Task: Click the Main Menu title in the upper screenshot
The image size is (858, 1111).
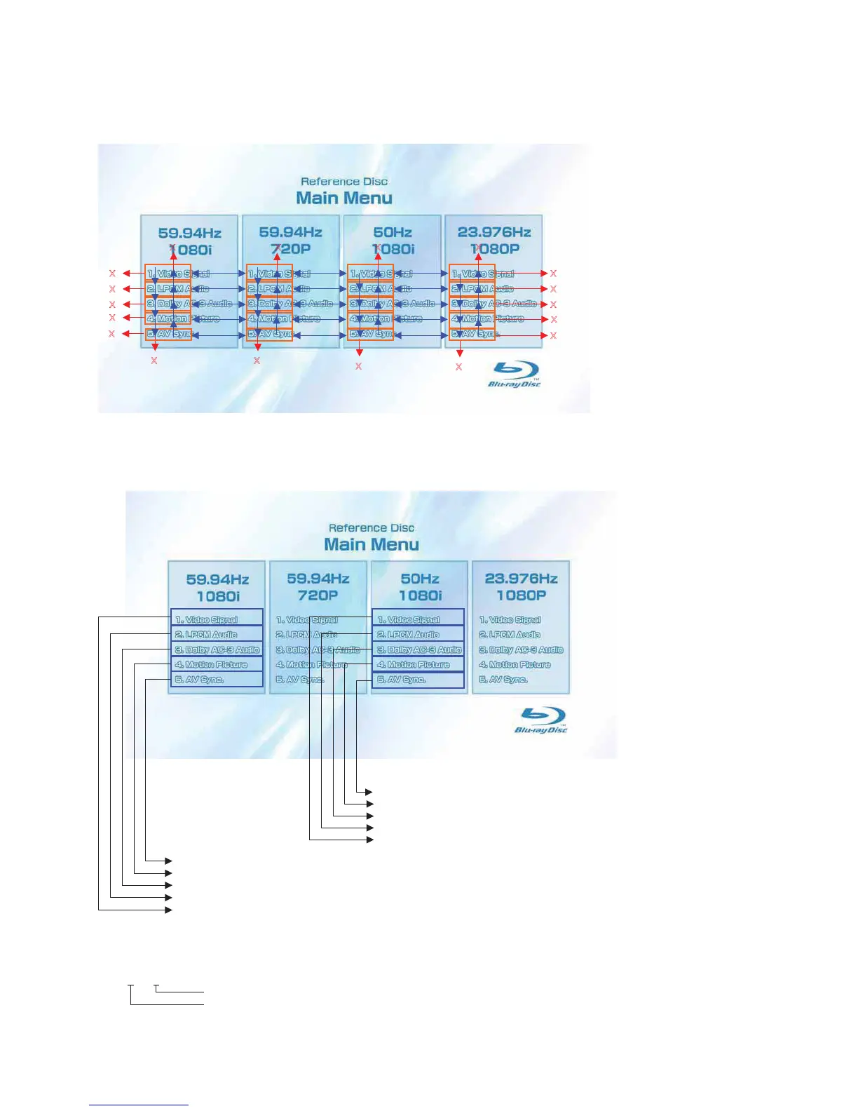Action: pyautogui.click(x=344, y=198)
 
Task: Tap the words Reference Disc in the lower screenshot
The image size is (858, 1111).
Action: pyautogui.click(x=372, y=528)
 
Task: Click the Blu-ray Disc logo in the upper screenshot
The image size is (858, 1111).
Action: pyautogui.click(x=515, y=374)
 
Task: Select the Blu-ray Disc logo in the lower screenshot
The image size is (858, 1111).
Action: pyautogui.click(x=541, y=720)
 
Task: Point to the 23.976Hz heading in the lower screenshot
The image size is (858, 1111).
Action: pyautogui.click(x=521, y=579)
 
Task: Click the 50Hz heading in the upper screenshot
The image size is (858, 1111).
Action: pyautogui.click(x=393, y=232)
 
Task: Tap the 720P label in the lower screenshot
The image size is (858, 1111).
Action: pyautogui.click(x=318, y=595)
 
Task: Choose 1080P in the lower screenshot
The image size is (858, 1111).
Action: pyautogui.click(x=521, y=595)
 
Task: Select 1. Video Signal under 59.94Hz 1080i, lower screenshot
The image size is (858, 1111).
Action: pyautogui.click(x=207, y=620)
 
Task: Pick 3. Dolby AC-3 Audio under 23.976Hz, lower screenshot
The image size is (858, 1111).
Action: pyautogui.click(x=521, y=650)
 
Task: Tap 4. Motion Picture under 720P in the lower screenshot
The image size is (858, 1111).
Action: pyautogui.click(x=311, y=665)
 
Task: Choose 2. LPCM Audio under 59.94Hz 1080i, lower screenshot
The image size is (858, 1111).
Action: pyautogui.click(x=206, y=635)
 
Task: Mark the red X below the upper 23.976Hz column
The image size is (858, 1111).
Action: pyautogui.click(x=459, y=367)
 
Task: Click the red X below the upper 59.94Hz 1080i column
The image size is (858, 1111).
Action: pyautogui.click(x=154, y=361)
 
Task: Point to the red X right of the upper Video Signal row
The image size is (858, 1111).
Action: pyautogui.click(x=553, y=274)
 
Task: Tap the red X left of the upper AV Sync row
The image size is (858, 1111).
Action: pyautogui.click(x=112, y=334)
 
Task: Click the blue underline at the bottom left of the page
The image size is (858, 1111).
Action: pyautogui.click(x=139, y=1105)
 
